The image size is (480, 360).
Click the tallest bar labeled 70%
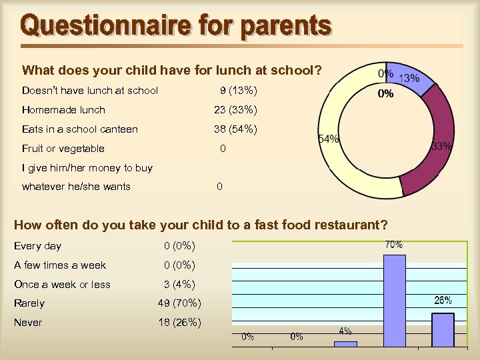click(395, 301)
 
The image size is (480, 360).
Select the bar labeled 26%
click(443, 329)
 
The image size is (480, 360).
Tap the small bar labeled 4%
click(345, 344)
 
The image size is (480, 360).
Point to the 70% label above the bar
click(393, 245)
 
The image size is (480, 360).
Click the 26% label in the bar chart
click(443, 301)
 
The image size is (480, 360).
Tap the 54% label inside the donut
click(329, 139)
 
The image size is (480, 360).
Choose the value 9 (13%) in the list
click(238, 91)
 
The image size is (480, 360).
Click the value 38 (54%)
click(235, 129)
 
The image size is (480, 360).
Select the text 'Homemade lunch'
click(63, 110)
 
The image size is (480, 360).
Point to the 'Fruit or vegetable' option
click(63, 149)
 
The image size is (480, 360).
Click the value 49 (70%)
click(179, 303)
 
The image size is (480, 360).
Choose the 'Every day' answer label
click(37, 246)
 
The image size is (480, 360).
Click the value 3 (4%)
click(179, 285)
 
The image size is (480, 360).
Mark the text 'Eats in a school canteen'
click(80, 129)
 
